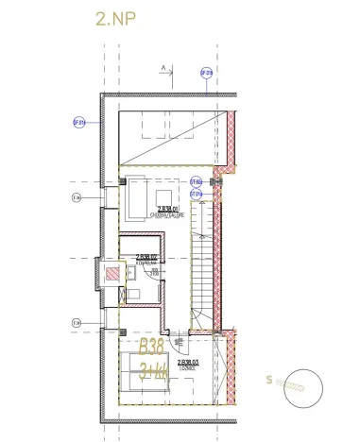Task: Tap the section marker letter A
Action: tap(162, 66)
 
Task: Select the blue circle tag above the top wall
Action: tap(206, 72)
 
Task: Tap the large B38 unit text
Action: tap(157, 348)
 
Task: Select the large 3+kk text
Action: tap(157, 369)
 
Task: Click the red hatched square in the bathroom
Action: tap(113, 274)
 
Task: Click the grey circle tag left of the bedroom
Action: tap(76, 323)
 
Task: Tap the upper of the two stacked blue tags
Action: tap(197, 181)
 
